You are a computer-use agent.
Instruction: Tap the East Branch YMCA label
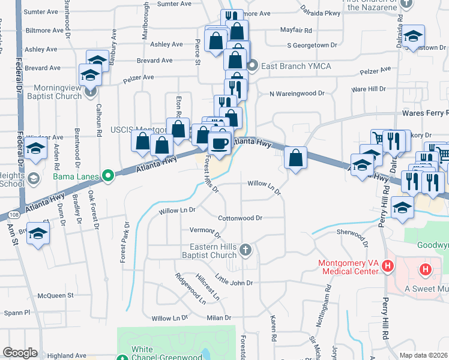click(x=296, y=65)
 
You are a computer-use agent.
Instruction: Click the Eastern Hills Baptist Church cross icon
click(x=245, y=249)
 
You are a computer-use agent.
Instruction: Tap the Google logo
click(x=20, y=353)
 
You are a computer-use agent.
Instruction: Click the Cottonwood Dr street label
click(x=240, y=218)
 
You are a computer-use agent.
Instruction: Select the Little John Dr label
click(x=234, y=282)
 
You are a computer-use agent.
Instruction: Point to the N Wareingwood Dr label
click(x=297, y=94)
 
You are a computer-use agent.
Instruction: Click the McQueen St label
click(x=55, y=295)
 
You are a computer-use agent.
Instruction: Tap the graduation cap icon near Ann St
click(x=38, y=234)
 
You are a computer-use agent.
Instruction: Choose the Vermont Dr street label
click(x=205, y=231)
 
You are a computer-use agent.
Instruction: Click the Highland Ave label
click(x=67, y=355)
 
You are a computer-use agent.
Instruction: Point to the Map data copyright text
click(x=424, y=355)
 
